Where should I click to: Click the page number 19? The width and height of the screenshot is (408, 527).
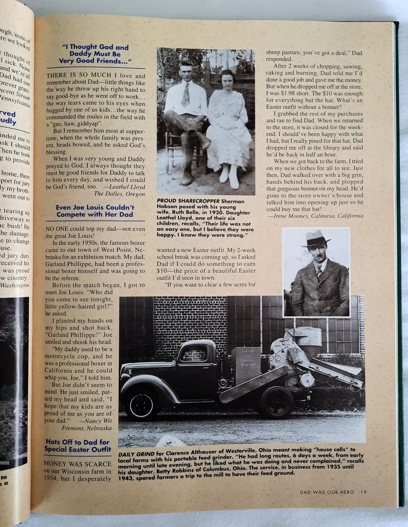pyautogui.click(x=363, y=492)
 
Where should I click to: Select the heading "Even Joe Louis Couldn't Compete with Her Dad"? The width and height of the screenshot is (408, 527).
pyautogui.click(x=95, y=211)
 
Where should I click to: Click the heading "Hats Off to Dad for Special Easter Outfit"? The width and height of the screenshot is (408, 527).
pyautogui.click(x=78, y=446)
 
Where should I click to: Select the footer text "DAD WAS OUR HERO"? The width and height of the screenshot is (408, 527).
pyautogui.click(x=327, y=492)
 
